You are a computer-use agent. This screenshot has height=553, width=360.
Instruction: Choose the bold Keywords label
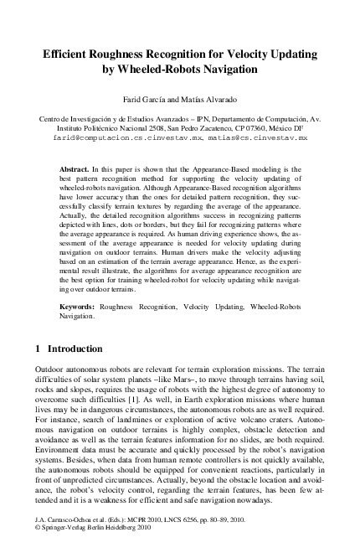[x=80, y=308]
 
